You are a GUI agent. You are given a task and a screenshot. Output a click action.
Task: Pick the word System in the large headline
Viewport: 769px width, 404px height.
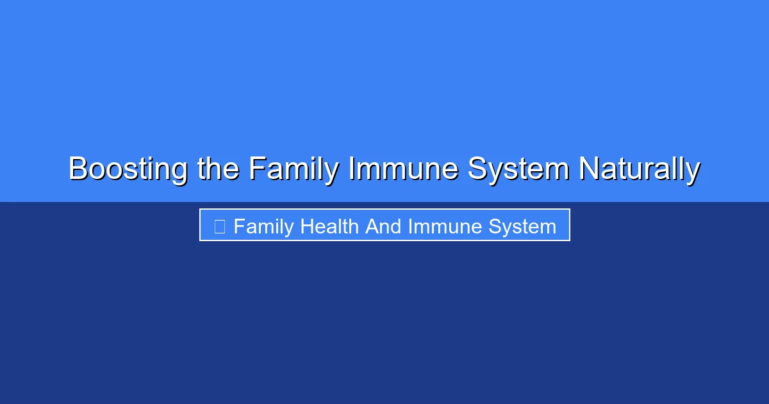(518, 169)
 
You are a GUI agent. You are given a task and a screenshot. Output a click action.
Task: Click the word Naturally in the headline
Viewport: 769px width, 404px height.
(638, 169)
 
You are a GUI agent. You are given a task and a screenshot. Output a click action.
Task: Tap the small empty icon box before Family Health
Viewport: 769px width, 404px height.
(219, 226)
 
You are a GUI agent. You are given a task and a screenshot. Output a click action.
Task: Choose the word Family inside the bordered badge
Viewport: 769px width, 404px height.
(263, 226)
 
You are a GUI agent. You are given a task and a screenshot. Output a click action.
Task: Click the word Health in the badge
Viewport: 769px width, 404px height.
(330, 226)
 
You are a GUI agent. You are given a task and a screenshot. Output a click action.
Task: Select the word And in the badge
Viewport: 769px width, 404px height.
(384, 226)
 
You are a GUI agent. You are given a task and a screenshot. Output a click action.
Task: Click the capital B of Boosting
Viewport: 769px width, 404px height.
(78, 169)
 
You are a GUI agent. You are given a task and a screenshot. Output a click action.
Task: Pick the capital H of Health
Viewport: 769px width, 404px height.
(306, 226)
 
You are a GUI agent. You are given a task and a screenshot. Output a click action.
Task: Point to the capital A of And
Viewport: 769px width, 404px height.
(372, 226)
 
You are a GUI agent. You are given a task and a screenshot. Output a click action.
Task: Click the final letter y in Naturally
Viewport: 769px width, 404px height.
(693, 172)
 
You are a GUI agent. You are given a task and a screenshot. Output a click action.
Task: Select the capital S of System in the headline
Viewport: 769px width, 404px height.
(477, 169)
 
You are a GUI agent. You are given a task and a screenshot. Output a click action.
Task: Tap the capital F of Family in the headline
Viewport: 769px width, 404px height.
(256, 169)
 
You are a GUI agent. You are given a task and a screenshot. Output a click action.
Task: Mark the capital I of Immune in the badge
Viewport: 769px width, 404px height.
(410, 226)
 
